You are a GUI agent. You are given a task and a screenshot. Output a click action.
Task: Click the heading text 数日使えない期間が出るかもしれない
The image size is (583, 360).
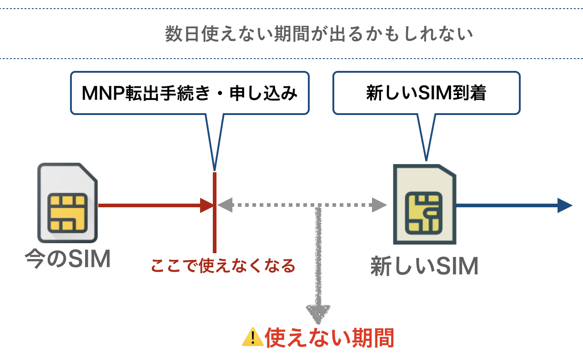(x=319, y=35)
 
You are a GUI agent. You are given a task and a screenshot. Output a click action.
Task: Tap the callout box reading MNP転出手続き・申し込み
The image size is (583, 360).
(x=190, y=93)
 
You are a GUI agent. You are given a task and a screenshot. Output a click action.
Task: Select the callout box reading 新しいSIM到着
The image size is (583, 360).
(x=426, y=93)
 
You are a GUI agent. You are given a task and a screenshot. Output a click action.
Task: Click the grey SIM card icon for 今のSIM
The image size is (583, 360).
(x=67, y=202)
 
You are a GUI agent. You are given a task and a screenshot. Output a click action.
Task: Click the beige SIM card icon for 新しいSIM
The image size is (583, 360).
(x=424, y=204)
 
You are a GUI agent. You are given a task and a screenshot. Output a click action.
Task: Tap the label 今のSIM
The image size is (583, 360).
(x=68, y=260)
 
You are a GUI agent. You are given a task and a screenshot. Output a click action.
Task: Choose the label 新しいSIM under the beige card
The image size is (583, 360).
(x=424, y=266)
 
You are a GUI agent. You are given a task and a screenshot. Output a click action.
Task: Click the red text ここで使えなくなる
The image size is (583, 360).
(x=223, y=265)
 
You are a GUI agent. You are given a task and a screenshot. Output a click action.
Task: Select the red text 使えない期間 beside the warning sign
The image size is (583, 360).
(x=329, y=338)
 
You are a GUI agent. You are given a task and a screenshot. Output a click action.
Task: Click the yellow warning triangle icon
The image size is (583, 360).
(x=252, y=337)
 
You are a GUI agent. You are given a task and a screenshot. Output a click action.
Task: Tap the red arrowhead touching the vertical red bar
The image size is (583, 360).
(x=206, y=205)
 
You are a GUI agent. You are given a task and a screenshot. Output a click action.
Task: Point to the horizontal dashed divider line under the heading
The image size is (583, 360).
(x=291, y=58)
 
